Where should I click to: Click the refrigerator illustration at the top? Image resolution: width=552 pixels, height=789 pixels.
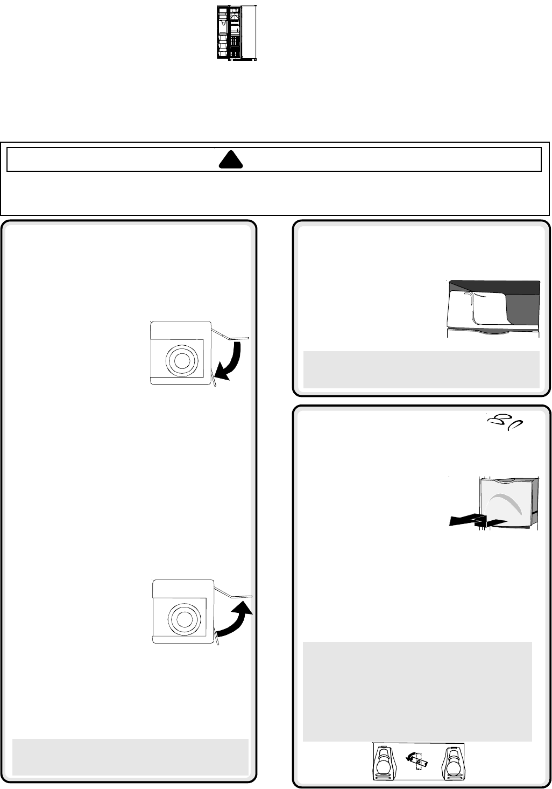point(236,33)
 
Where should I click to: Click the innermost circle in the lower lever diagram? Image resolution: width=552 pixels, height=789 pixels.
point(183,616)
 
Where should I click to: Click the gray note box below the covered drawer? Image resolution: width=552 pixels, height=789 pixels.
point(421,369)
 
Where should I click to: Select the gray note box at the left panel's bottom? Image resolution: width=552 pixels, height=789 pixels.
point(130,757)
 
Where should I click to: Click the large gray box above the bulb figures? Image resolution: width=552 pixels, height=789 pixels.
point(417,692)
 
